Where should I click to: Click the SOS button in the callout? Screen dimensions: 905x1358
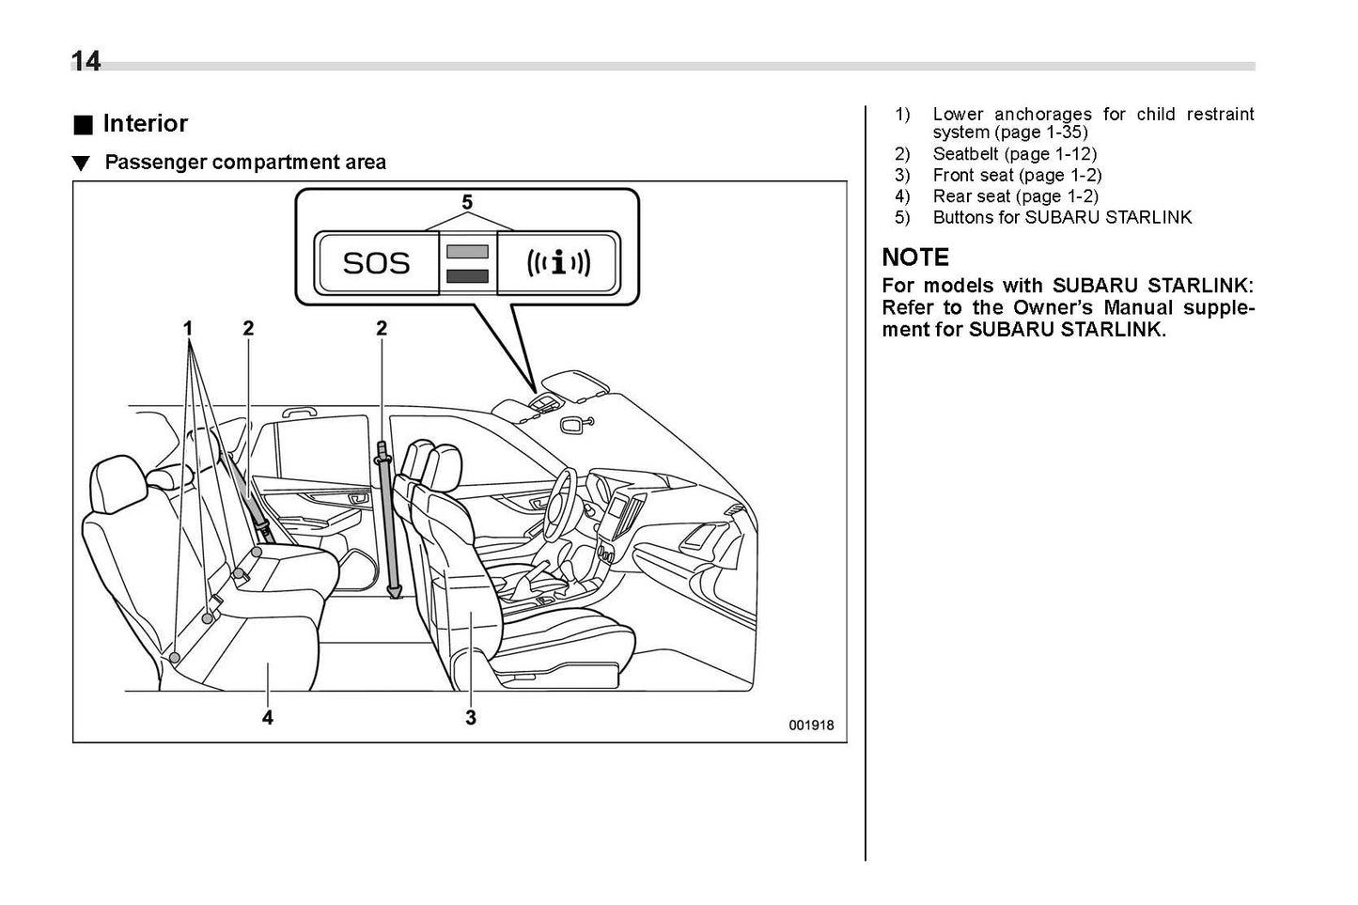[377, 262]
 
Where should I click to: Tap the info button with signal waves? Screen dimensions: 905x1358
[558, 262]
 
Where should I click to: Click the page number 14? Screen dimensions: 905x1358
[86, 61]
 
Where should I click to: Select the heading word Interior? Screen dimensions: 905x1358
[145, 124]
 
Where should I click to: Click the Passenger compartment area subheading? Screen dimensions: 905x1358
[244, 163]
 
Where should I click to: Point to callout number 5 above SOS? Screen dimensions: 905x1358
[467, 202]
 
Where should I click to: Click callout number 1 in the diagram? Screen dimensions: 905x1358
[188, 328]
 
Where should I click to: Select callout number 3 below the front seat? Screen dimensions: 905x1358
[470, 718]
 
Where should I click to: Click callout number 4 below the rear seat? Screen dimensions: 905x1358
[268, 718]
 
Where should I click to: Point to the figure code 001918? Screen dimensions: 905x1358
[810, 726]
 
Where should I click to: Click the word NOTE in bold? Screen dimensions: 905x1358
[915, 257]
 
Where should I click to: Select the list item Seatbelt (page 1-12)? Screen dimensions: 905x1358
[1014, 154]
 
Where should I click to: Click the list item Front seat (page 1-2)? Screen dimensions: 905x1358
[1017, 176]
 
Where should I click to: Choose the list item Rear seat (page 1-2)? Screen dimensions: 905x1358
[1015, 196]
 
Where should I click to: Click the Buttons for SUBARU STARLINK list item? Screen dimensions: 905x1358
[1062, 218]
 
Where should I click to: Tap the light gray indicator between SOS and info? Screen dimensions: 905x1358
[467, 252]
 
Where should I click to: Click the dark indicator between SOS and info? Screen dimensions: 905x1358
[467, 275]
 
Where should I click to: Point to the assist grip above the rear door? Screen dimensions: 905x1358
[298, 411]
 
